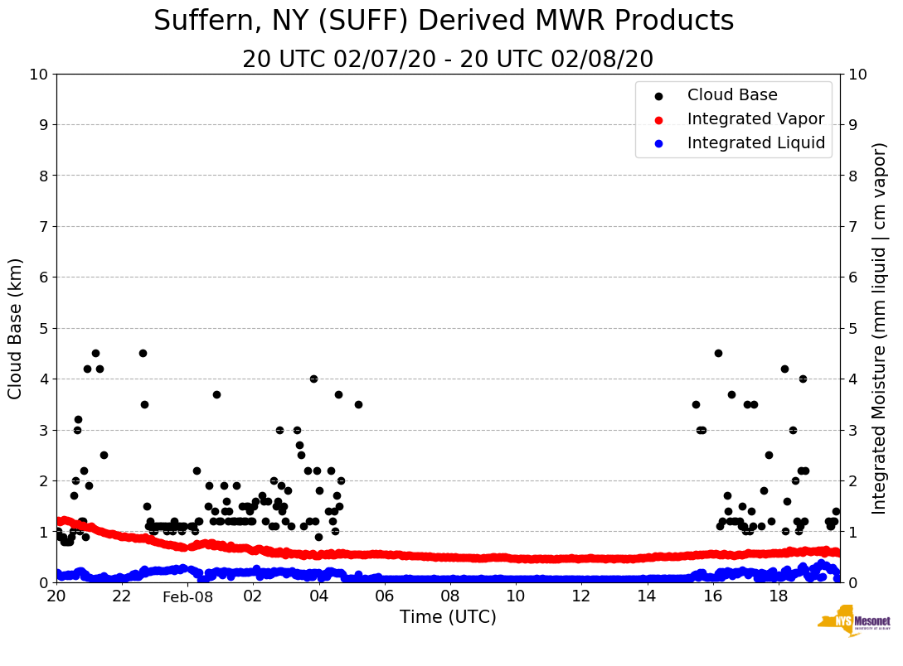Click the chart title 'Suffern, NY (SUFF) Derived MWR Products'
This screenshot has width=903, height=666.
click(x=444, y=22)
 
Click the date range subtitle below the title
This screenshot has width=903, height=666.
click(x=448, y=60)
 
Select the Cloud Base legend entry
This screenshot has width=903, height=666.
click(x=732, y=95)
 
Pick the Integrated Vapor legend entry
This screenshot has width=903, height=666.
click(x=755, y=119)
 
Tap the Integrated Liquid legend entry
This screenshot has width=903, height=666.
click(x=755, y=143)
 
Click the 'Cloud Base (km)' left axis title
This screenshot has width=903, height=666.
click(x=16, y=328)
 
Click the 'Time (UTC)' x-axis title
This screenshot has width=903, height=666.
click(x=448, y=617)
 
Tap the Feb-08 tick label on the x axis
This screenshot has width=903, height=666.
click(x=187, y=597)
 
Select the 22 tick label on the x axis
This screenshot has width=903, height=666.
click(x=122, y=596)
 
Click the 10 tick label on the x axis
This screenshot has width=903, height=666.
click(x=516, y=596)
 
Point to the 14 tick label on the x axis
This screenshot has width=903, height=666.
click(x=647, y=596)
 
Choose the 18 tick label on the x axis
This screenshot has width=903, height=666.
click(x=778, y=596)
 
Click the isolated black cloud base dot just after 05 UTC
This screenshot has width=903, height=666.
click(x=358, y=404)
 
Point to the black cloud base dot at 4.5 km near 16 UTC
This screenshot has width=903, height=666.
click(x=718, y=353)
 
